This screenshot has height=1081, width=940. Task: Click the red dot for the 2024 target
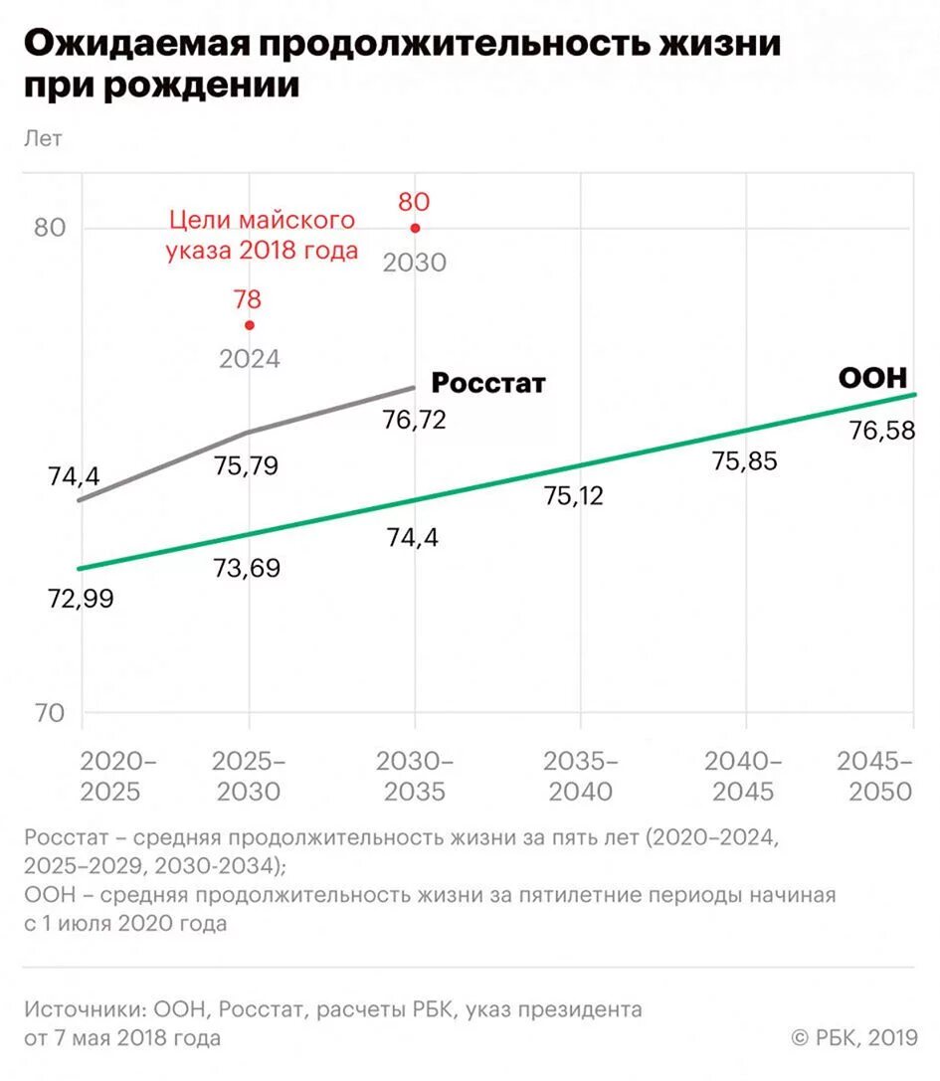(x=250, y=325)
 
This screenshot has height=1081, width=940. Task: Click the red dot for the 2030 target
(x=415, y=228)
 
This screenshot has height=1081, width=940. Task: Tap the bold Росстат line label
(x=488, y=383)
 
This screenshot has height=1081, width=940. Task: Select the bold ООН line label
(x=872, y=379)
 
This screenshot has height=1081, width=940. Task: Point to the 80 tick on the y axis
(x=50, y=228)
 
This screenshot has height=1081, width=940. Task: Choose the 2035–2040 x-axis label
(x=581, y=777)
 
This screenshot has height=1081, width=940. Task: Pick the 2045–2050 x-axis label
(x=875, y=777)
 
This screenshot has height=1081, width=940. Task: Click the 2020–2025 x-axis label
(x=117, y=777)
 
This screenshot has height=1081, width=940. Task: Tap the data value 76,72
(x=414, y=420)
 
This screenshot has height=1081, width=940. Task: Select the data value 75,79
(x=246, y=465)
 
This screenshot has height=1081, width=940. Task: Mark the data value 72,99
(x=82, y=600)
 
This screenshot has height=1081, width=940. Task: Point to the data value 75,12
(x=574, y=495)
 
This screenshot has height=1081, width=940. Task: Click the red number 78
(x=248, y=298)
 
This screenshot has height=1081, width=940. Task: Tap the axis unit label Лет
(x=43, y=139)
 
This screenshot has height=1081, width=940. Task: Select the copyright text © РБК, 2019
(x=853, y=1038)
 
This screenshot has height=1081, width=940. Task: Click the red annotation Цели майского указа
(x=263, y=234)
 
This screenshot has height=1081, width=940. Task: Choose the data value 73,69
(x=247, y=568)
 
